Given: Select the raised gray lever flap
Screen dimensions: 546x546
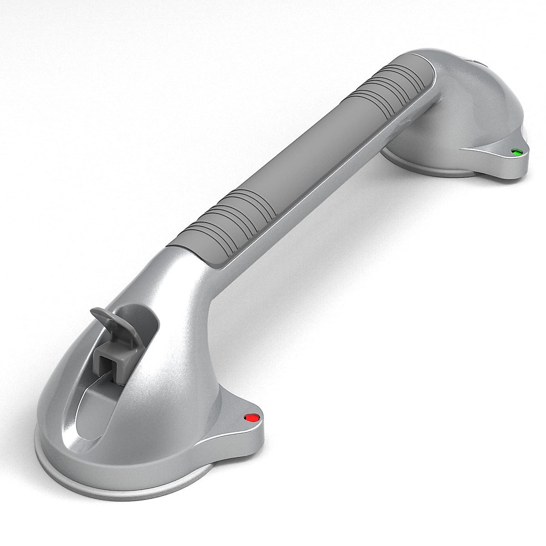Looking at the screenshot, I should tap(108, 319).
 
